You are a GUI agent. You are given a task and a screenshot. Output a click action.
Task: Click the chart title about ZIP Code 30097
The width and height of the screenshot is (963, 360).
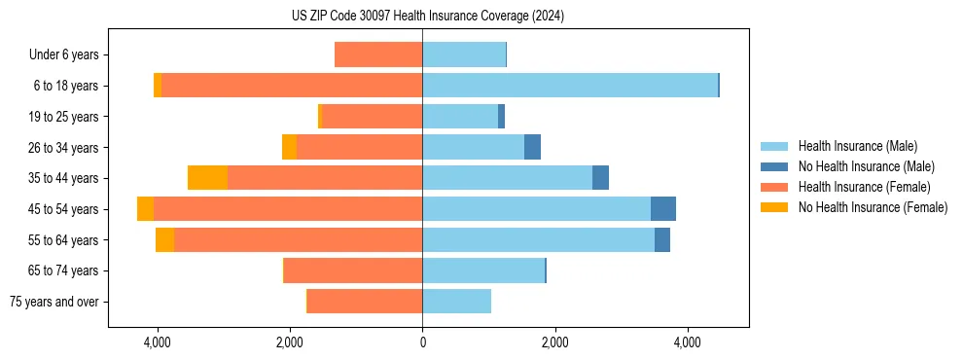[427, 17]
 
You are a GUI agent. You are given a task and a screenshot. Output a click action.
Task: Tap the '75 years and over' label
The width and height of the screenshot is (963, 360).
[53, 302]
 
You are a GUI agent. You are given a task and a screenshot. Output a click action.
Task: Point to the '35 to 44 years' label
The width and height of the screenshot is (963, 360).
[63, 178]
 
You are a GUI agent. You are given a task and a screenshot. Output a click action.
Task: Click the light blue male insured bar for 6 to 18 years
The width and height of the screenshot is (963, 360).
[570, 86]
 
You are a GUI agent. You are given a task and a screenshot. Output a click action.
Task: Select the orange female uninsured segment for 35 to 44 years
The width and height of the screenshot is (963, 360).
[207, 178]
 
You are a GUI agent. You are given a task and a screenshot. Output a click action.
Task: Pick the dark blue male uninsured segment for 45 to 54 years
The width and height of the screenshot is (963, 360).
[663, 209]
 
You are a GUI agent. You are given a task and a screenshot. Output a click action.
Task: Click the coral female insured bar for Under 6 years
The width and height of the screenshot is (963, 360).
[378, 54]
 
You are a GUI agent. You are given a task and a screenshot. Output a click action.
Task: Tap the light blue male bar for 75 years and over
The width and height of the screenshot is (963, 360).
[456, 302]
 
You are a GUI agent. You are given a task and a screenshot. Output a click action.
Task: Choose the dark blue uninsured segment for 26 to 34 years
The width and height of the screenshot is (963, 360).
[532, 147]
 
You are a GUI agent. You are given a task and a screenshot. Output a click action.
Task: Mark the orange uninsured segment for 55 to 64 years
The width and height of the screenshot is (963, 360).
[164, 240]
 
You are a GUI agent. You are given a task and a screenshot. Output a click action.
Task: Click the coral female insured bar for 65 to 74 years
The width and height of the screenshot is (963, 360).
[353, 270]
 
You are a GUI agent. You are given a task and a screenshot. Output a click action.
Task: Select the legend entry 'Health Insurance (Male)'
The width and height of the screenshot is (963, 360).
[855, 146]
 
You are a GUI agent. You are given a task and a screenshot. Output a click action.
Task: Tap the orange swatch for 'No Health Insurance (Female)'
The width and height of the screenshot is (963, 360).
[775, 207]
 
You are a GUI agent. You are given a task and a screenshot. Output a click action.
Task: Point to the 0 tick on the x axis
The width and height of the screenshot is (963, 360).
[422, 342]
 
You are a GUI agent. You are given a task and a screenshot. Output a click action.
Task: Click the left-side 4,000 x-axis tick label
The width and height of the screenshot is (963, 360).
[158, 342]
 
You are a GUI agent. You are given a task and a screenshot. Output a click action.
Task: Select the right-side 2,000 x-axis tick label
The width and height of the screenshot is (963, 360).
[554, 342]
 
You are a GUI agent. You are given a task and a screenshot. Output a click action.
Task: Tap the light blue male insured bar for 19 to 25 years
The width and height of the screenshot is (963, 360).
[460, 117]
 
